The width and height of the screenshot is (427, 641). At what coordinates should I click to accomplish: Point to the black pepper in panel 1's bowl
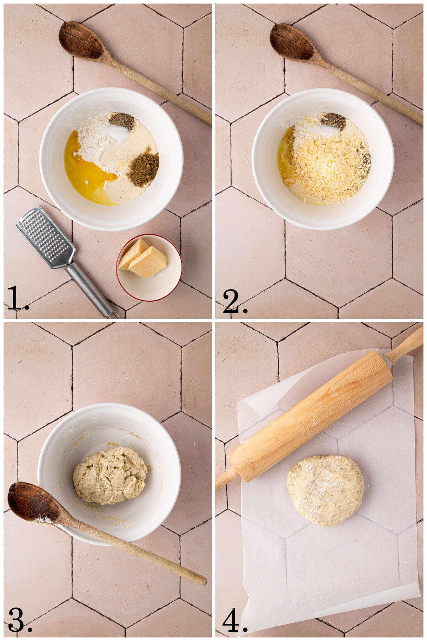point(122,121)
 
